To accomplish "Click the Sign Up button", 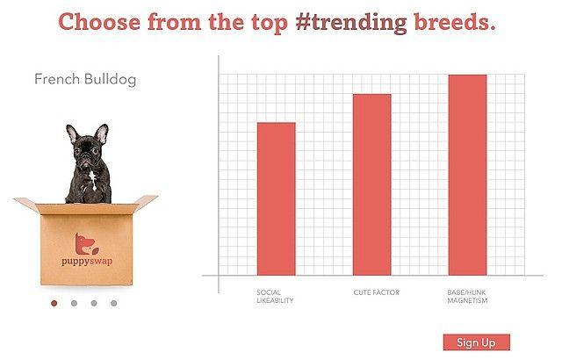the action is point(476,342).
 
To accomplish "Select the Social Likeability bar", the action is point(277,198).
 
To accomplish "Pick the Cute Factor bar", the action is point(372,184).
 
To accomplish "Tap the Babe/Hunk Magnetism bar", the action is point(468,175).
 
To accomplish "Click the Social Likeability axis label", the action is point(275,296).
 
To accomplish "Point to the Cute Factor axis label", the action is point(377,292).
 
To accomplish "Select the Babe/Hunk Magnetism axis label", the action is point(467,296).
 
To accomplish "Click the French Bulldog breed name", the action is point(85,79).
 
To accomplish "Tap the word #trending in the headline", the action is point(351,22).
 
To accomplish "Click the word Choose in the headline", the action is point(99,21).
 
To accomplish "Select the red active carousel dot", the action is point(54,303).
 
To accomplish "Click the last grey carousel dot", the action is point(113,303).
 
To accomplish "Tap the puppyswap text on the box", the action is point(87,261).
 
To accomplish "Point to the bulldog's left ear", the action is point(72,133).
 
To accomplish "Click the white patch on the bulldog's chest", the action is point(93,179).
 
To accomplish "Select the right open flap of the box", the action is point(145,200).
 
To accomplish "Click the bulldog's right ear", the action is point(102,133).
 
